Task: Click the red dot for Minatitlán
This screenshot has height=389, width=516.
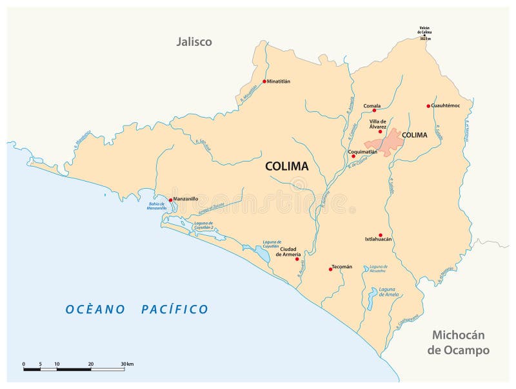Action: (x=264, y=81)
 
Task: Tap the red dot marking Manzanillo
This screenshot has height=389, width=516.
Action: (x=170, y=200)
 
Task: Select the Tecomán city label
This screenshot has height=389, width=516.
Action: (x=342, y=266)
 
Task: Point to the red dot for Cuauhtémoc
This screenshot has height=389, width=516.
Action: (x=428, y=106)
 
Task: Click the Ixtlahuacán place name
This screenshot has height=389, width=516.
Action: (x=379, y=239)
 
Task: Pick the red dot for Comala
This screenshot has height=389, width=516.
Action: (x=374, y=110)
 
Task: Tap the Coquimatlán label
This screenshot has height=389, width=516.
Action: (x=362, y=152)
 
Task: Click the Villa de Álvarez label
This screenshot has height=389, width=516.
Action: (x=378, y=123)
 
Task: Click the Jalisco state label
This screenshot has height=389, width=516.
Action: (x=194, y=42)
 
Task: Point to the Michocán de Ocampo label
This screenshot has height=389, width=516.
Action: (x=458, y=342)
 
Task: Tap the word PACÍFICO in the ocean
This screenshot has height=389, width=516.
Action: (x=175, y=310)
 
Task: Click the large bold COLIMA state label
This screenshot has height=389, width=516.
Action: (x=287, y=166)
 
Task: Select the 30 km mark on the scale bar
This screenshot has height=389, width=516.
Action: (x=124, y=364)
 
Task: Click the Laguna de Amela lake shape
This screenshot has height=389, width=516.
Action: (x=372, y=299)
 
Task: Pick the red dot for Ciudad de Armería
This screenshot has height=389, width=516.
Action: (x=297, y=259)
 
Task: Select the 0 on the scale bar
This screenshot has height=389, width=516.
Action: (x=24, y=364)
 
